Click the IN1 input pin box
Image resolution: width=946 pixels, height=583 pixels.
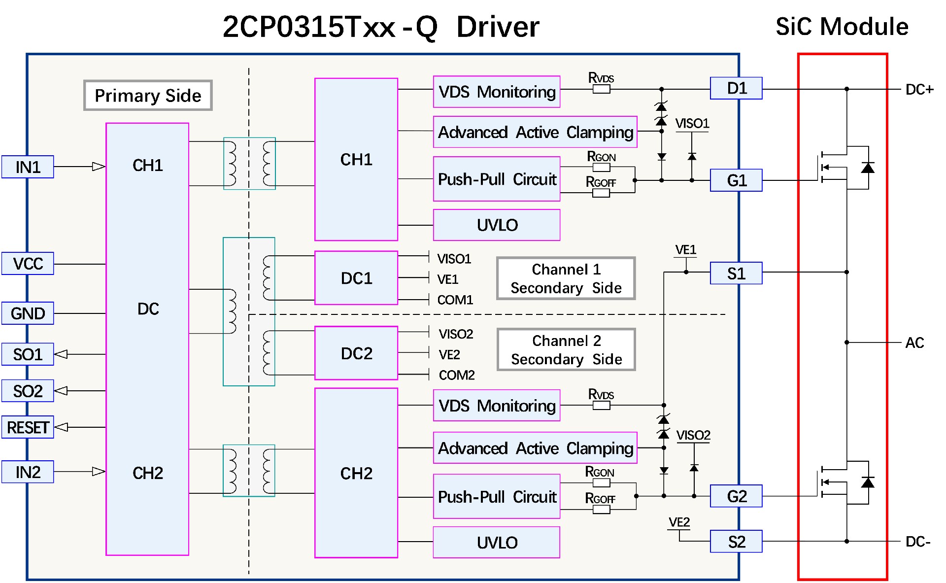(28, 167)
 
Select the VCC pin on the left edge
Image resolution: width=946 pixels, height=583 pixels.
(28, 264)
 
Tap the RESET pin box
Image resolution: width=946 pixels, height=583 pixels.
(28, 427)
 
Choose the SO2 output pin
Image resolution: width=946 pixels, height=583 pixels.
(28, 391)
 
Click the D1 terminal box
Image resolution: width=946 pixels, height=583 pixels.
(736, 88)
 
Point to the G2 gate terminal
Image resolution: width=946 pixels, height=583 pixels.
(736, 496)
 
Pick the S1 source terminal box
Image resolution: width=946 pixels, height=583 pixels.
(736, 274)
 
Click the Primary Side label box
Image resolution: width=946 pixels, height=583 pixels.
(148, 95)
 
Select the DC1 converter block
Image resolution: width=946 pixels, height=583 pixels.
(356, 278)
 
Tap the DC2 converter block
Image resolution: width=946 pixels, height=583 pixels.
(356, 353)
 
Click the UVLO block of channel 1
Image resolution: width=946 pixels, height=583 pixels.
(497, 225)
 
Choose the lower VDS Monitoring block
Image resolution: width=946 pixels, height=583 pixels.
(497, 406)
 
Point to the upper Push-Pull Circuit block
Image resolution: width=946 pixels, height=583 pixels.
(497, 179)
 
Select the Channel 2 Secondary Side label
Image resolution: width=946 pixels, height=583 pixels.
(566, 349)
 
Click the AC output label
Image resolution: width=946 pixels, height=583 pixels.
(914, 343)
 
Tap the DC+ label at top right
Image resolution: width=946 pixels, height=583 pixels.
(919, 90)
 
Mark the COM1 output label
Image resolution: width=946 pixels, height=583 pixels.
(455, 300)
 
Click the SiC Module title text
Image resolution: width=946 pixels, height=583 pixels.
(842, 27)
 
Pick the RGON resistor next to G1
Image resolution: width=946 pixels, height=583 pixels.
(601, 167)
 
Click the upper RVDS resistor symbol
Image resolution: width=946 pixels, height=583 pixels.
(601, 89)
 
